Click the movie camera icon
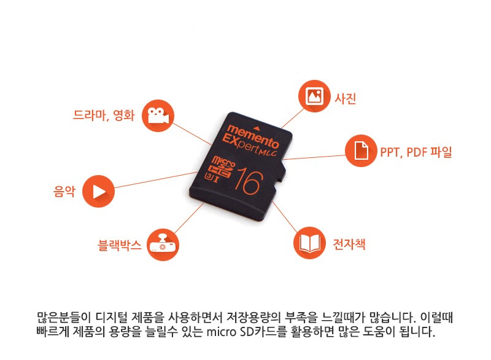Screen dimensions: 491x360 click(158, 116)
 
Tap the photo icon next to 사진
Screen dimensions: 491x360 click(314, 96)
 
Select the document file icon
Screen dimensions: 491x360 click(361, 151)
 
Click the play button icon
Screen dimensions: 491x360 click(98, 192)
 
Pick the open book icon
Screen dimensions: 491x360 click(310, 243)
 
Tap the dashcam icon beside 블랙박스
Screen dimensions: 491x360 click(163, 245)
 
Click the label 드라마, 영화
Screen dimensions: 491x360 click(104, 115)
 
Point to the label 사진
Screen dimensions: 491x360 click(346, 98)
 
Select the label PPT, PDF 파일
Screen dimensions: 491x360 click(416, 152)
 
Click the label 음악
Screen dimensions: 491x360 click(64, 191)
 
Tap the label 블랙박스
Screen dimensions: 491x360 click(120, 245)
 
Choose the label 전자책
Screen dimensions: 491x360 click(349, 244)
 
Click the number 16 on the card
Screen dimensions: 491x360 click(249, 181)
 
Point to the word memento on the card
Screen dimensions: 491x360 click(253, 136)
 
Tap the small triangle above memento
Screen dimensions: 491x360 click(257, 128)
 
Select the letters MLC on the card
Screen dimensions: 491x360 click(269, 152)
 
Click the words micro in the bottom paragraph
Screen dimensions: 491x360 click(222, 332)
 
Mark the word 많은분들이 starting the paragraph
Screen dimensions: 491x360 click(64, 318)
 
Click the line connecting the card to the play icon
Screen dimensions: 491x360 click(156, 180)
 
